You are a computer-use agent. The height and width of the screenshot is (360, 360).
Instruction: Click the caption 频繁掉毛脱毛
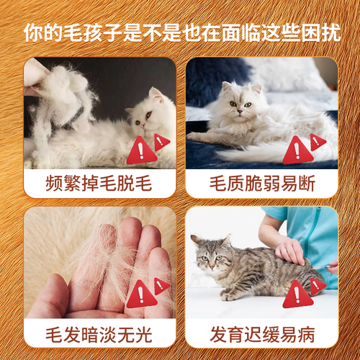coord(99,184)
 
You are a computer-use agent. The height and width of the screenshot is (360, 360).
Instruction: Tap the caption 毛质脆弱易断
coord(262,184)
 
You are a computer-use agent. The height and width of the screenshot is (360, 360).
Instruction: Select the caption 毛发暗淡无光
coord(99,334)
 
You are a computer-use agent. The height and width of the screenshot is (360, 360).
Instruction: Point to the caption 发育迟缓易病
coord(262,334)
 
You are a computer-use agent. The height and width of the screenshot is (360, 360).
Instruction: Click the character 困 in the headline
coord(311,32)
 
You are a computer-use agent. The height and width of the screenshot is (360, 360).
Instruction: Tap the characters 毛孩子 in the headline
coord(93,32)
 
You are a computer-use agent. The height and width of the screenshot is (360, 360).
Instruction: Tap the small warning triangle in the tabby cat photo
coord(318,286)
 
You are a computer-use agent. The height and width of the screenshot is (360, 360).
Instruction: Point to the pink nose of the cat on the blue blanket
coord(240,112)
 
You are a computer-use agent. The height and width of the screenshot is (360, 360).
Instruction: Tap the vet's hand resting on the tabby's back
coord(290,251)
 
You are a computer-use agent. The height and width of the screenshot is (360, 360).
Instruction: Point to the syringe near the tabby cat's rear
coord(323,267)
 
